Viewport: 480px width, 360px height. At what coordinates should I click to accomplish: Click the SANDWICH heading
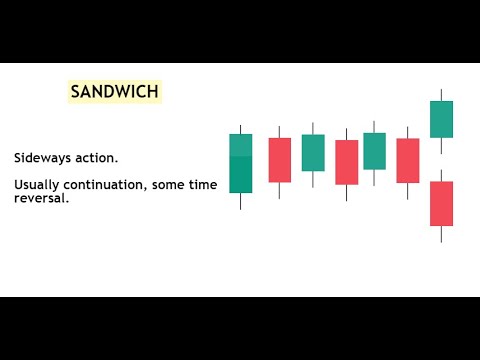click(x=113, y=92)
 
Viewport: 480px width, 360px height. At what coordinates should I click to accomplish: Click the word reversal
click(x=41, y=198)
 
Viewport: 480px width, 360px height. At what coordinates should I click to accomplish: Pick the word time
click(x=201, y=185)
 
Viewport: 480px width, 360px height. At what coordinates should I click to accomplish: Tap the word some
click(x=168, y=185)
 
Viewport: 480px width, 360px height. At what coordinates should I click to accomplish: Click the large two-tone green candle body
click(x=241, y=162)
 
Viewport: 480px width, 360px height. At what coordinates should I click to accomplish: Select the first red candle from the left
click(x=279, y=160)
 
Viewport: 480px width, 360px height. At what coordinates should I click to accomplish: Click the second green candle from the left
click(x=313, y=153)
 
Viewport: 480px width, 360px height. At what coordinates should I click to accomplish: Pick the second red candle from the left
click(x=346, y=162)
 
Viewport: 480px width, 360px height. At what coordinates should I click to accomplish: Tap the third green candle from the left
click(x=374, y=151)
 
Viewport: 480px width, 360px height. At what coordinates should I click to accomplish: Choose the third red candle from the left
click(x=408, y=160)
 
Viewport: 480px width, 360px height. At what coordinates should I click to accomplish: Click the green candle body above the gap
click(x=441, y=119)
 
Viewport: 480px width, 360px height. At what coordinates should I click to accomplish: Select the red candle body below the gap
click(x=441, y=203)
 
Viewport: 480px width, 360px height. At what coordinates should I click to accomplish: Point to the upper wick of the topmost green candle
click(x=441, y=95)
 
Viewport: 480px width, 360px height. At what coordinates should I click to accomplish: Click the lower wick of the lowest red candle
click(x=441, y=233)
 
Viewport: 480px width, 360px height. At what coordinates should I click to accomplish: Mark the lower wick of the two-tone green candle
click(x=241, y=200)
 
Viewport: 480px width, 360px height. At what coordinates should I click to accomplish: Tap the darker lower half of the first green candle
click(x=241, y=175)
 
